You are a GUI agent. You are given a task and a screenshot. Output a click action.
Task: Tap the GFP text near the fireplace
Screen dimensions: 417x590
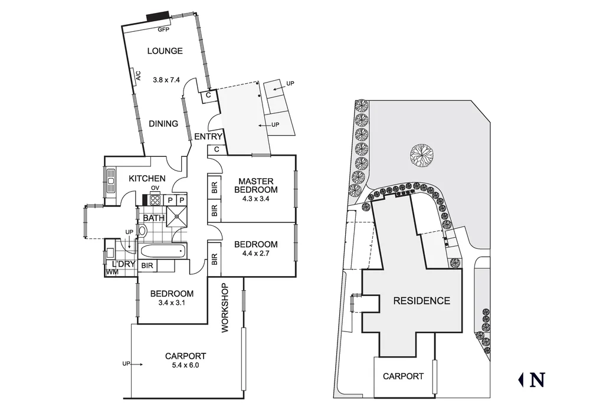pyautogui.click(x=163, y=29)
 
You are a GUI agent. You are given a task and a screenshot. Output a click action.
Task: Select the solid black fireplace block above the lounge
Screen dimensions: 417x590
pyautogui.click(x=158, y=17)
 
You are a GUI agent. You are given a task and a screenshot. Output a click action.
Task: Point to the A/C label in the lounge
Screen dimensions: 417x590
pyautogui.click(x=139, y=75)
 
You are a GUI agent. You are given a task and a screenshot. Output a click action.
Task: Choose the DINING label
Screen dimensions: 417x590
pyautogui.click(x=163, y=124)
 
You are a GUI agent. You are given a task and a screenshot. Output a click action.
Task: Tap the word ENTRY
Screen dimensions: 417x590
pyautogui.click(x=208, y=137)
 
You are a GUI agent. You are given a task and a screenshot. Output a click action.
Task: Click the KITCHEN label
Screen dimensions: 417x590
pyautogui.click(x=147, y=179)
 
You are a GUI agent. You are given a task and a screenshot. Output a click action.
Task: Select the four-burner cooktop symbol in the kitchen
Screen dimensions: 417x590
pyautogui.click(x=155, y=199)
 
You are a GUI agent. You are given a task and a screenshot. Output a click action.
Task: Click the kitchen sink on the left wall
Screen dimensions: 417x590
pyautogui.click(x=110, y=181)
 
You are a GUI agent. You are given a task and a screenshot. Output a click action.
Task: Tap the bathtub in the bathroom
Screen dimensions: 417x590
pyautogui.click(x=163, y=252)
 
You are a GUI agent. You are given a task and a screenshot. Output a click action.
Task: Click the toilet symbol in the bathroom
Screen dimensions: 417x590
pyautogui.click(x=143, y=231)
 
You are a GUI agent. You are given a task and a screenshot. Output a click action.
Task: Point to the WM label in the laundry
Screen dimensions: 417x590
pyautogui.click(x=112, y=272)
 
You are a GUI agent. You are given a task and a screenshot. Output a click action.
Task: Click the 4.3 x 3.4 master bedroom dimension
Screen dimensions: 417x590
pyautogui.click(x=255, y=199)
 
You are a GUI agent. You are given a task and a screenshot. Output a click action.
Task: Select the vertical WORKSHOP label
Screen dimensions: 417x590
pyautogui.click(x=224, y=308)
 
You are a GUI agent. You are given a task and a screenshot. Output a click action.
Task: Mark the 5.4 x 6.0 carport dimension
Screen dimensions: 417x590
pyautogui.click(x=185, y=365)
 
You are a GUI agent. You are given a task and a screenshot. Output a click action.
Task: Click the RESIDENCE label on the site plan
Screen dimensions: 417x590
pyautogui.click(x=421, y=301)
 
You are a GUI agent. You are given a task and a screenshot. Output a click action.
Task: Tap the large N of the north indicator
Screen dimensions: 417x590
pyautogui.click(x=537, y=380)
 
